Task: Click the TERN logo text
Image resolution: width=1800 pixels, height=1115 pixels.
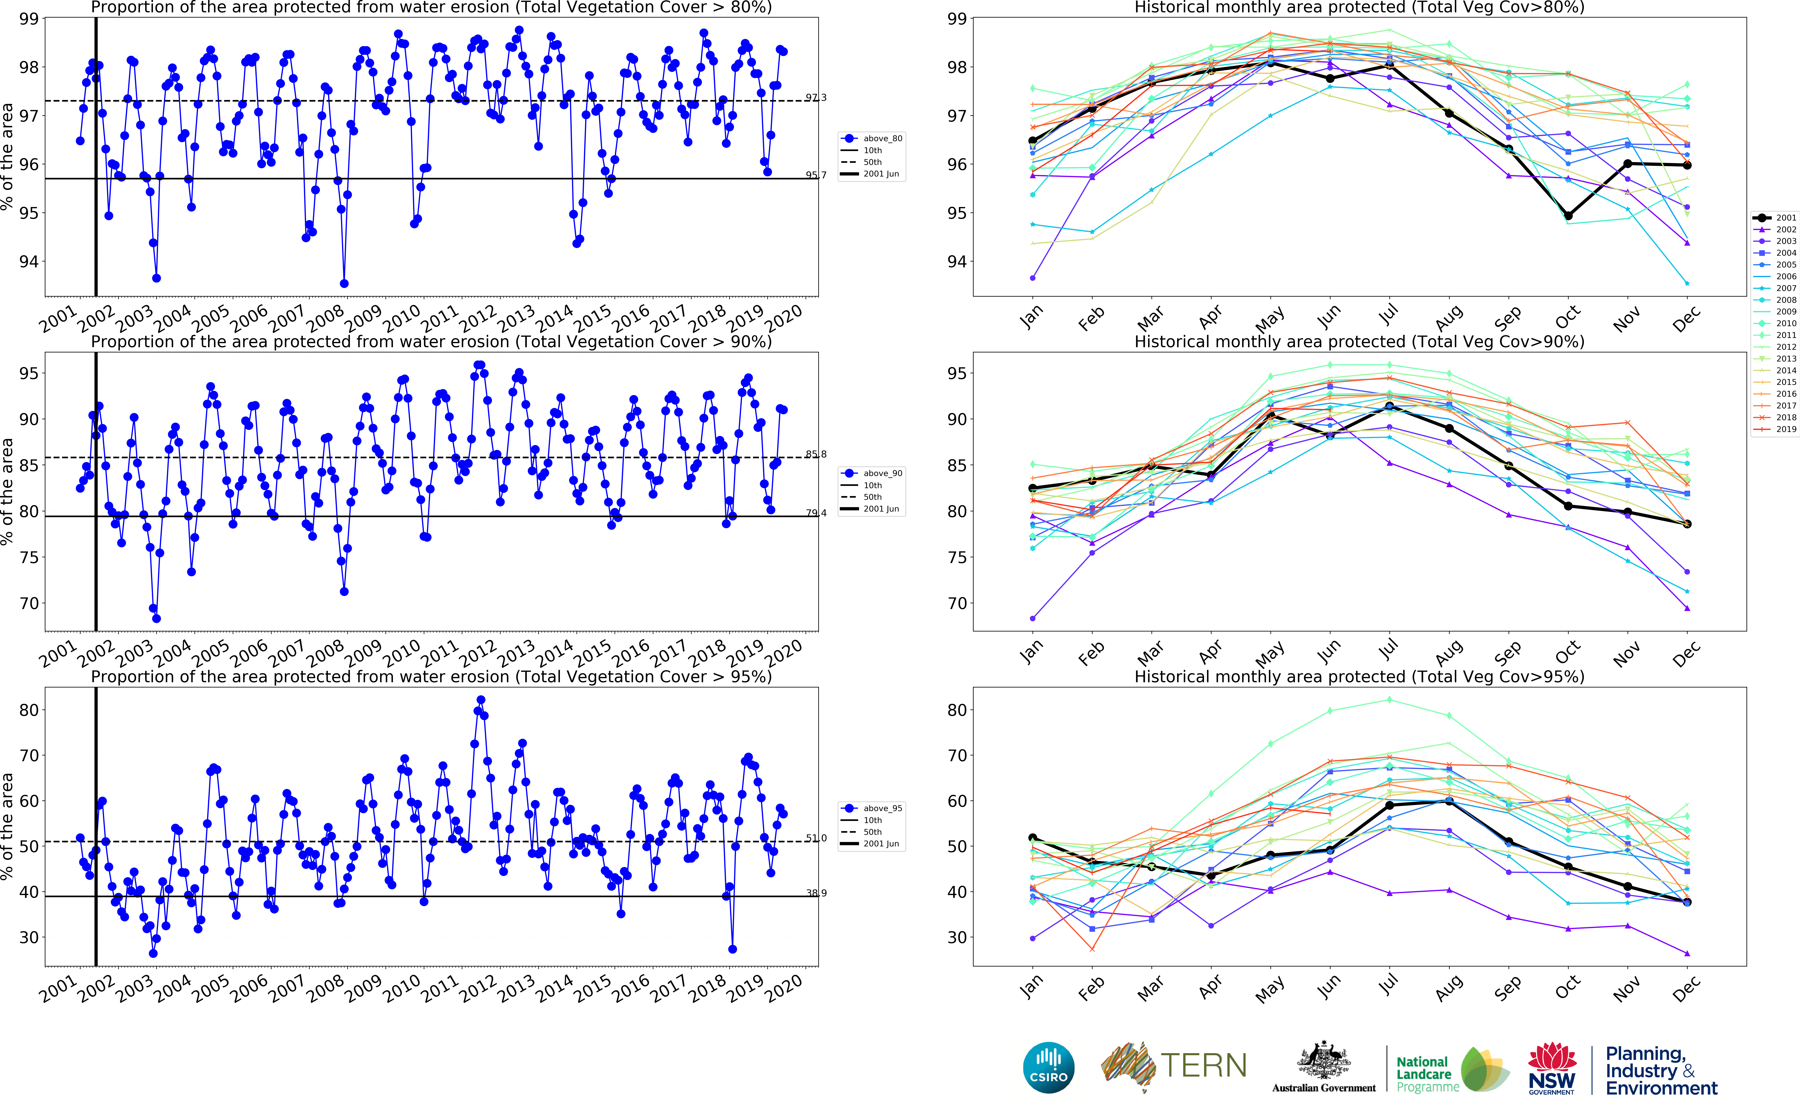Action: click(x=1203, y=1066)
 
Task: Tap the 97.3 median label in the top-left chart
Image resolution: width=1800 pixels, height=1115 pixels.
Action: click(x=816, y=97)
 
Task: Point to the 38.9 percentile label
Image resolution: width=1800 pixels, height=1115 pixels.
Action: click(x=816, y=893)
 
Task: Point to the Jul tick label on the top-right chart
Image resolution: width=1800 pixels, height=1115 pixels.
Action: click(x=1388, y=316)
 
